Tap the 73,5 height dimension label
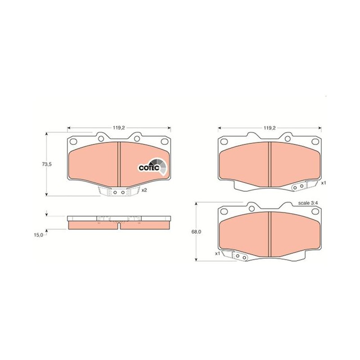[x=47, y=164]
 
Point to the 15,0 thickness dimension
[x=39, y=235]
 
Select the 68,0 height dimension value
[x=196, y=232]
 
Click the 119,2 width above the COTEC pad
[x=119, y=128]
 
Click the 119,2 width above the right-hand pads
[x=269, y=128]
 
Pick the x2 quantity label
[x=144, y=190]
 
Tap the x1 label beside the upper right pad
[x=324, y=183]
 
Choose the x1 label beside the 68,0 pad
[x=218, y=253]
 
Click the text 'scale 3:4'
[x=308, y=203]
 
